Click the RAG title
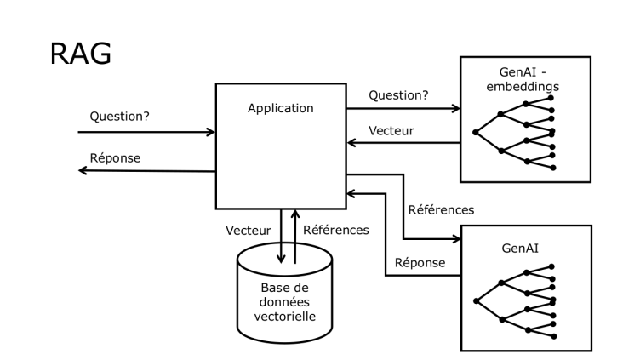(x=82, y=53)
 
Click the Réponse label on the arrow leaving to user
(x=116, y=157)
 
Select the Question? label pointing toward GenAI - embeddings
(x=397, y=95)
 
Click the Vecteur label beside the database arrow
(x=249, y=231)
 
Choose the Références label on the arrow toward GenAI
(x=441, y=209)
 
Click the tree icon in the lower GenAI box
(x=516, y=300)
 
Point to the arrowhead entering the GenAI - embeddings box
(x=455, y=108)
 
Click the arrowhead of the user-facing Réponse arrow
(x=83, y=170)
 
